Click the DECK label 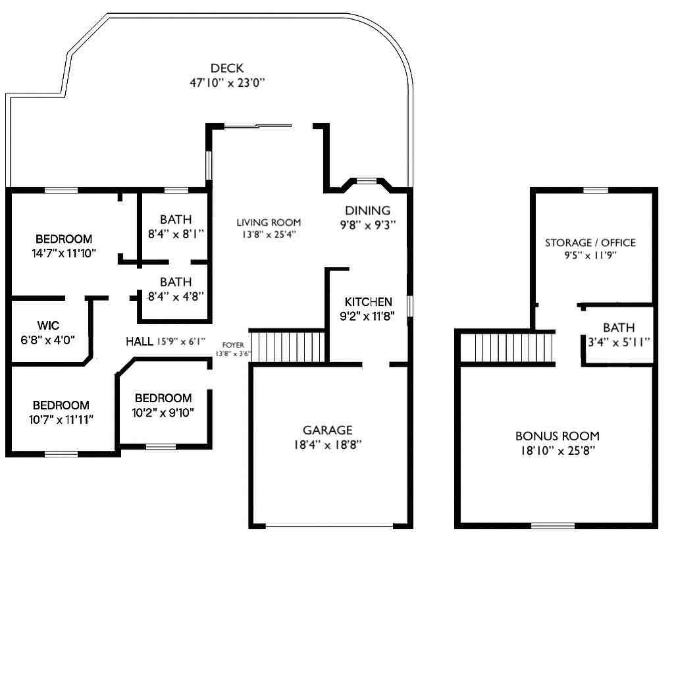(x=227, y=68)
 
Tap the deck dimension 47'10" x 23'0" (x=227, y=82)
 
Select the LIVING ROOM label (x=269, y=222)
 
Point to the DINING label (x=367, y=210)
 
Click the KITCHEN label (x=369, y=301)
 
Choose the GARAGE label (x=328, y=430)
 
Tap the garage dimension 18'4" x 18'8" (x=328, y=444)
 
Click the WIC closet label (x=48, y=325)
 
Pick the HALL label (x=140, y=342)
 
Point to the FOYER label (x=233, y=345)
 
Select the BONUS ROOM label (x=557, y=436)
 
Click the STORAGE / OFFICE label (x=590, y=242)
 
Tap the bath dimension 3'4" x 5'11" (x=619, y=342)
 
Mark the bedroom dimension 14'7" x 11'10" (x=64, y=253)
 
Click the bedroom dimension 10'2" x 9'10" (x=163, y=413)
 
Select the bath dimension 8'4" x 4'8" (x=176, y=297)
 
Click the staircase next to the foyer (x=287, y=347)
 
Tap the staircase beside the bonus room (x=507, y=348)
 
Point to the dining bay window (x=367, y=181)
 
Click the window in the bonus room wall (x=553, y=525)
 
